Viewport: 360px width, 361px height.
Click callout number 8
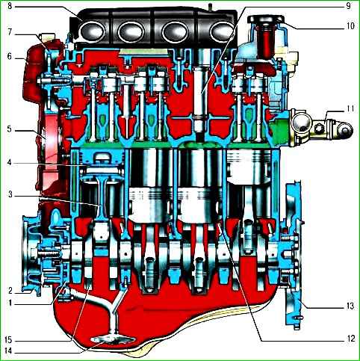click(10, 6)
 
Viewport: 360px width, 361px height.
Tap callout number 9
click(348, 6)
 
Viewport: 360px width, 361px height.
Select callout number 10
click(350, 25)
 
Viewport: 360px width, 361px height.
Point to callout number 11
click(350, 109)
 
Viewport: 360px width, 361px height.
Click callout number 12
click(350, 339)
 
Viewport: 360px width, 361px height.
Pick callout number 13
click(350, 306)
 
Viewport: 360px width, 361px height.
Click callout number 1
click(10, 303)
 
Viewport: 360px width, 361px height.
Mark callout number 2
click(10, 291)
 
